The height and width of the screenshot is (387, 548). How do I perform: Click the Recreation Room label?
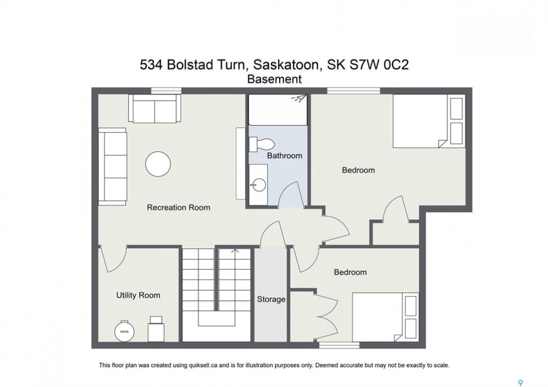tap(178, 207)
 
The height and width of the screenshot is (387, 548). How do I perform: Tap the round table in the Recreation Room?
tap(158, 164)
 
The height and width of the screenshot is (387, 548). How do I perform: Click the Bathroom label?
tap(284, 156)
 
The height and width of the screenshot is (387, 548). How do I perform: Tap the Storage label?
tap(271, 299)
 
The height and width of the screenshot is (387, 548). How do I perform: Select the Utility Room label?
tap(138, 296)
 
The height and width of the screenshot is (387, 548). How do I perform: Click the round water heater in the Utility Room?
tap(124, 331)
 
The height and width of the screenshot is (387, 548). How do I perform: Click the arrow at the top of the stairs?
tap(235, 251)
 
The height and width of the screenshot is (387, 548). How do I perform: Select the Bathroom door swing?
tap(291, 194)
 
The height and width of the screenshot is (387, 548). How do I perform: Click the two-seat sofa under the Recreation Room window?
tap(154, 108)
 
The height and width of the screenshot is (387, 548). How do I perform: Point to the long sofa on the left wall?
tap(112, 167)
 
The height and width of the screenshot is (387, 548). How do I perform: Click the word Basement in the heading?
tap(274, 80)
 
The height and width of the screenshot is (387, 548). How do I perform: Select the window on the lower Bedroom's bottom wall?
tap(339, 345)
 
